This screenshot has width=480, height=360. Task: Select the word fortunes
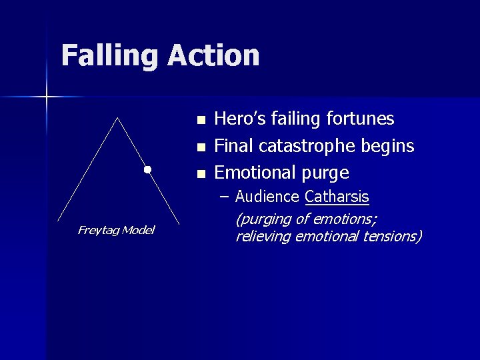point(361,119)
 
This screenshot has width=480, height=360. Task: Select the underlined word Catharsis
point(337,197)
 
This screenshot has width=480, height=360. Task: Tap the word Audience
point(268,197)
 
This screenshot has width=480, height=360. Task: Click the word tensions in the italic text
point(393,237)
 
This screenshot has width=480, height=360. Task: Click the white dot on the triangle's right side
point(147,169)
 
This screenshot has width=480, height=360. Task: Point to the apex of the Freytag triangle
point(118,118)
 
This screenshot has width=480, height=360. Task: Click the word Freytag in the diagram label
point(97,231)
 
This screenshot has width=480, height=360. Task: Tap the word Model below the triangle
point(137,231)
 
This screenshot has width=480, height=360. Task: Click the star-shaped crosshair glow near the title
point(47,97)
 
